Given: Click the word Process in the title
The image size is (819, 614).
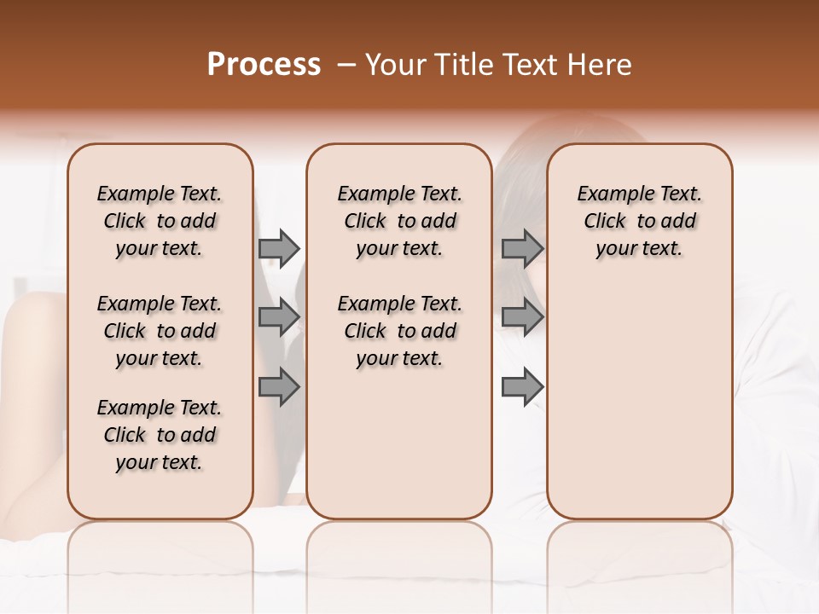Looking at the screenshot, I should tap(264, 65).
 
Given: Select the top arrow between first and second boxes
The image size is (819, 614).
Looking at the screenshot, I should tap(279, 248).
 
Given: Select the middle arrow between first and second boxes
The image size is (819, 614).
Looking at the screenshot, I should tap(279, 317).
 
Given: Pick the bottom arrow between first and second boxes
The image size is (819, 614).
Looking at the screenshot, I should tap(279, 386).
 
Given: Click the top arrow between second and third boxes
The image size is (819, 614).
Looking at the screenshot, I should tap(522, 248).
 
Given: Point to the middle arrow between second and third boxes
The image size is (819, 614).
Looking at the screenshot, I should tap(522, 317).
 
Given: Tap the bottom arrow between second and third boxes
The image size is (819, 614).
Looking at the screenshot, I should tap(522, 386).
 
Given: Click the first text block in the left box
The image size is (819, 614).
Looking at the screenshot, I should tap(160, 221).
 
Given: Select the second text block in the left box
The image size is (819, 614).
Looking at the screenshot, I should tap(160, 331).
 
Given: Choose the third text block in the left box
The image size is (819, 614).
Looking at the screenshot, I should tap(160, 435).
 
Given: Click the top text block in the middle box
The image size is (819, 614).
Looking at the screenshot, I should tap(399, 221).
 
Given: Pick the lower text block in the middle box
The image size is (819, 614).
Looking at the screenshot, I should tap(399, 331).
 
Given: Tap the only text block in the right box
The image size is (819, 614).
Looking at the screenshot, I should tap(640, 221).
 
